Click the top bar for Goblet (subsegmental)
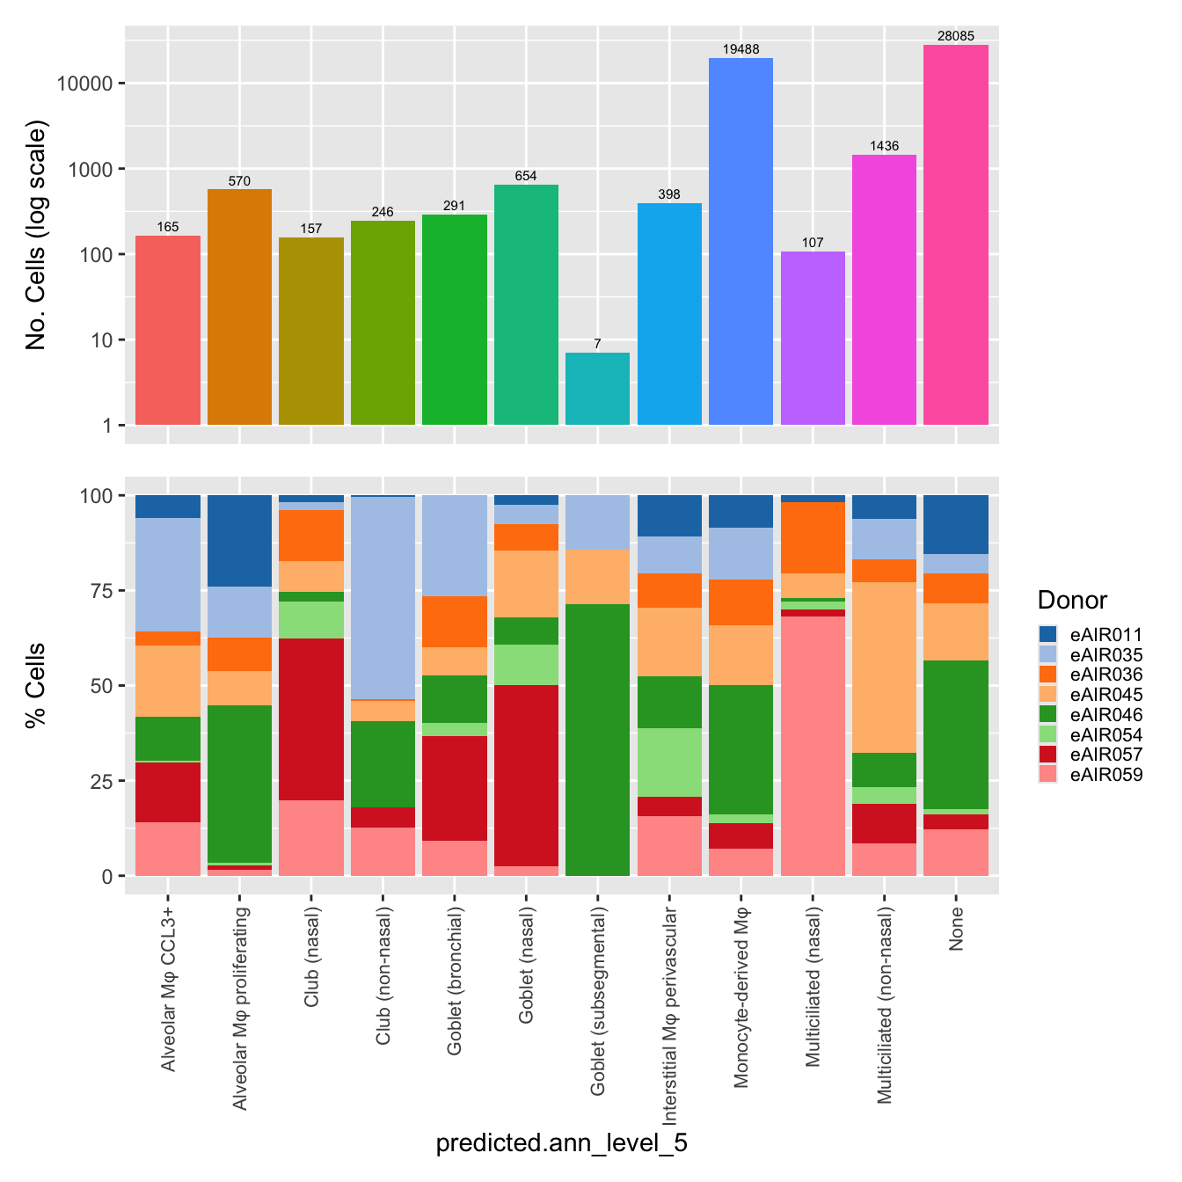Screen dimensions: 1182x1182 coord(597,389)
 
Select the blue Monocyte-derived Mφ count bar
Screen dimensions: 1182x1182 coord(741,242)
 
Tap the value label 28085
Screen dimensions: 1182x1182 coord(956,36)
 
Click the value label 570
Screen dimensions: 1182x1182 coord(239,181)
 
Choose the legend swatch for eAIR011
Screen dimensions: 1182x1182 coord(1047,634)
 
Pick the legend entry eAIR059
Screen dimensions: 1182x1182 coord(1105,775)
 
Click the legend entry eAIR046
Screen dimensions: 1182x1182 coord(1105,715)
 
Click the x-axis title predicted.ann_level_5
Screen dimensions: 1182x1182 coord(562,1143)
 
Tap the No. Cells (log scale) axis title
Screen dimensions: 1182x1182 coord(36,234)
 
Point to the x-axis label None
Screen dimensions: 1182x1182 coord(957,930)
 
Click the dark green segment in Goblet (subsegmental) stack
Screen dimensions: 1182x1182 coord(597,740)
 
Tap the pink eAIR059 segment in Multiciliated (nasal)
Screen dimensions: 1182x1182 coord(813,746)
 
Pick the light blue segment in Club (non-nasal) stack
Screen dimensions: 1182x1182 coord(383,598)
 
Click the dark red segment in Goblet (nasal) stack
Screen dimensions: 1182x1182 coord(526,775)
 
